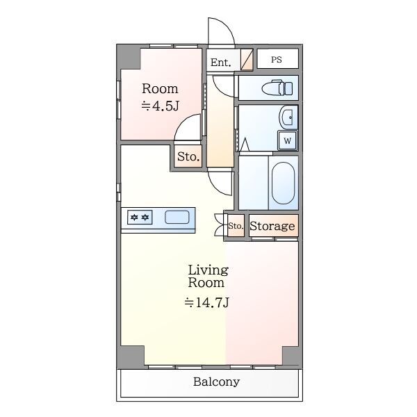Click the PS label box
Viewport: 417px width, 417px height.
point(277,59)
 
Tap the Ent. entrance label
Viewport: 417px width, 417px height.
point(220,63)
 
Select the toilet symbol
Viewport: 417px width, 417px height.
point(277,88)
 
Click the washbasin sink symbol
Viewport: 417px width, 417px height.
point(288,117)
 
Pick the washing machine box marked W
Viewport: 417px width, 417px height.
point(288,140)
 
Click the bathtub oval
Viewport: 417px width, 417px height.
point(284,183)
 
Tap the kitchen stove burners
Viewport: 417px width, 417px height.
point(140,218)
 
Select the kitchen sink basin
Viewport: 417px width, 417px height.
point(177,218)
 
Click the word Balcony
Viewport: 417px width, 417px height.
point(216,382)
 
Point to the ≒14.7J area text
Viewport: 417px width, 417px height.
point(207,302)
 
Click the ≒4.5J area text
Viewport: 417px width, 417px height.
point(161,106)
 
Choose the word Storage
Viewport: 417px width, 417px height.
point(272,226)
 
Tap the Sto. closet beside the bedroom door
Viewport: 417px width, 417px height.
point(188,156)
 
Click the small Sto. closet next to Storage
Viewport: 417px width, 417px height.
point(236,226)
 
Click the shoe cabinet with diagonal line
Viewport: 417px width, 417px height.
point(247,60)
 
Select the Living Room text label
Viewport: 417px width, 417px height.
point(208,276)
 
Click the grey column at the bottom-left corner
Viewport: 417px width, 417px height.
point(131,357)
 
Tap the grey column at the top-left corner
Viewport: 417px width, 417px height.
point(129,57)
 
